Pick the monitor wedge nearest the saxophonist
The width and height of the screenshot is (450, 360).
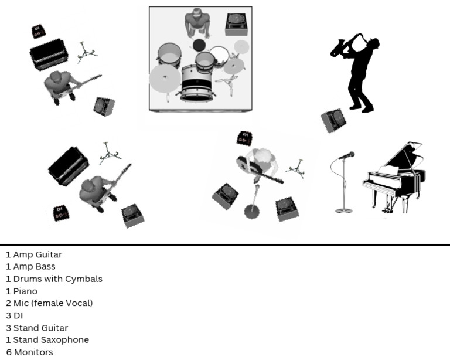click(334, 120)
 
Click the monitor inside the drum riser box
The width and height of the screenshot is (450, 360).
click(238, 24)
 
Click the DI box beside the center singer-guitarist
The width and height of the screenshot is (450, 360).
click(244, 138)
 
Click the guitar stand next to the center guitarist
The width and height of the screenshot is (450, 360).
click(296, 168)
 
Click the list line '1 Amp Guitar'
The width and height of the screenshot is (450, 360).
click(34, 254)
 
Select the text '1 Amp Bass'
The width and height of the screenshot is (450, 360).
click(31, 267)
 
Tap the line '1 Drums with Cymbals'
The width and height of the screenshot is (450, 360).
click(54, 279)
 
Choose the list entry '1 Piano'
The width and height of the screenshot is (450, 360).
click(22, 291)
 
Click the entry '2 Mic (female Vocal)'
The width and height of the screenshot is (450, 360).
click(49, 303)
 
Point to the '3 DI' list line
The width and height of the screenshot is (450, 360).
click(15, 315)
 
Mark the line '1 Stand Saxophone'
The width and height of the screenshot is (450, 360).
click(47, 340)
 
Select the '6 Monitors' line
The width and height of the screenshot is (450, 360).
click(29, 352)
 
